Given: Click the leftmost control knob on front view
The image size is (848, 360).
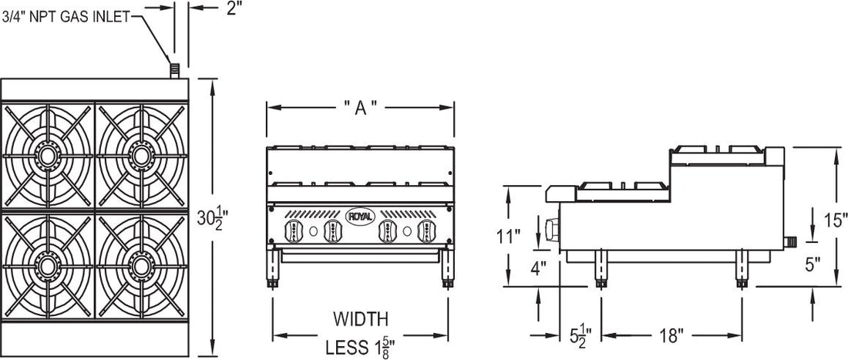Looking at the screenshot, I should tap(293, 230).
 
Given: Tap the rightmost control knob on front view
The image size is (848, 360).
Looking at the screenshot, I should tap(425, 230).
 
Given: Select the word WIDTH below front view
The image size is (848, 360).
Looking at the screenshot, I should tap(361, 318).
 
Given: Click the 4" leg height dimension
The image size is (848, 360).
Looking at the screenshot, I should tap(539, 268).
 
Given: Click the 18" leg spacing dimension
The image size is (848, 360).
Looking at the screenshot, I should tap(670, 336).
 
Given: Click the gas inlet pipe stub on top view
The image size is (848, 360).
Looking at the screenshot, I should tap(175, 71).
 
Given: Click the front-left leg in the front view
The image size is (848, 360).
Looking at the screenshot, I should tap(273, 270).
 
